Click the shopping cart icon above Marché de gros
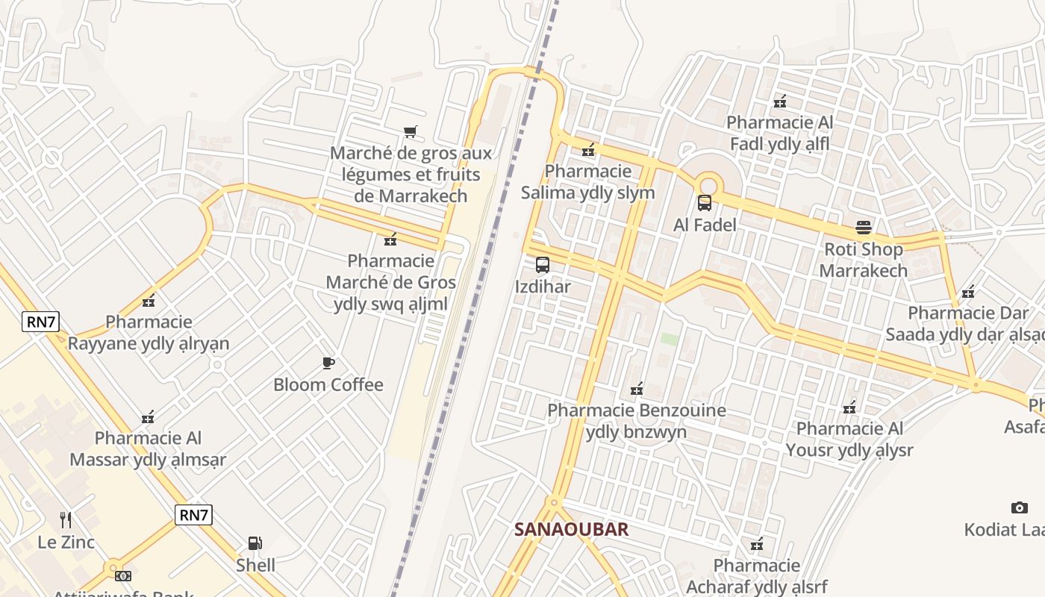point(410,132)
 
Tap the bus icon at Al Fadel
point(704,203)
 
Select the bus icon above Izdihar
point(543,265)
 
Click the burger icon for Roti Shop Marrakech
point(864,228)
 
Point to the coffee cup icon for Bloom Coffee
point(328,363)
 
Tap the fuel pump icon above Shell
point(255,543)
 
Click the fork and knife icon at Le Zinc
point(66,519)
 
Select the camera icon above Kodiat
point(1019,508)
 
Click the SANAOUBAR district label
point(571,530)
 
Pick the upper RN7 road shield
point(40,322)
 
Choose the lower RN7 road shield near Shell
point(194,514)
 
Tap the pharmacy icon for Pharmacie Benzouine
point(637,389)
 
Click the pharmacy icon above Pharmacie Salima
point(588,151)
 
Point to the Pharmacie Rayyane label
point(149,333)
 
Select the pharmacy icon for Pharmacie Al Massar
point(149,417)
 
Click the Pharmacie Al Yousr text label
point(849,440)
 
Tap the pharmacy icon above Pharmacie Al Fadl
point(780,101)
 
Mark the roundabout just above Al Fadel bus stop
point(708,183)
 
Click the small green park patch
point(670,339)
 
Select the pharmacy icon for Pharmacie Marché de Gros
point(390,240)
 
